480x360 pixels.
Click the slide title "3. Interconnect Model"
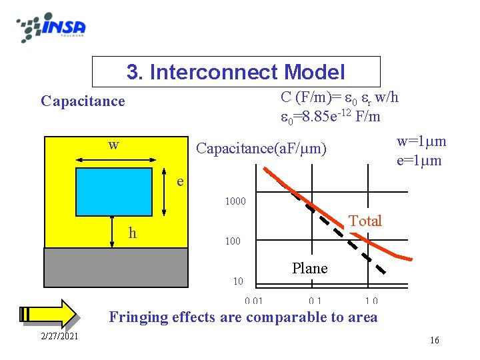(236, 72)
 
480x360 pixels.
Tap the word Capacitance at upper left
(83, 101)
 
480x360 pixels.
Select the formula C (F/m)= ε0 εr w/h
(340, 97)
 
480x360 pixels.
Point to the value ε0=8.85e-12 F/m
(331, 117)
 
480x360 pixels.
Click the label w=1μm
(421, 142)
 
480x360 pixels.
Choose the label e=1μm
(419, 161)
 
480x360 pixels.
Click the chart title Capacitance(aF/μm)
(261, 148)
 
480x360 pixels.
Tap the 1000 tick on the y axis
(235, 201)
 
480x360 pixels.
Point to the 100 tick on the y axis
(232, 241)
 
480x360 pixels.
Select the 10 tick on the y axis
(237, 281)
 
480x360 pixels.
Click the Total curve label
(365, 221)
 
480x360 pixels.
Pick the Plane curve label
(310, 269)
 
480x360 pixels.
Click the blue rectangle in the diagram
(114, 192)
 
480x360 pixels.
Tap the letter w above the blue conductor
(114, 145)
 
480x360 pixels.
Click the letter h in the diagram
(133, 233)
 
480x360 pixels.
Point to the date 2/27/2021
(59, 335)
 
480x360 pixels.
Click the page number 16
(435, 341)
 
